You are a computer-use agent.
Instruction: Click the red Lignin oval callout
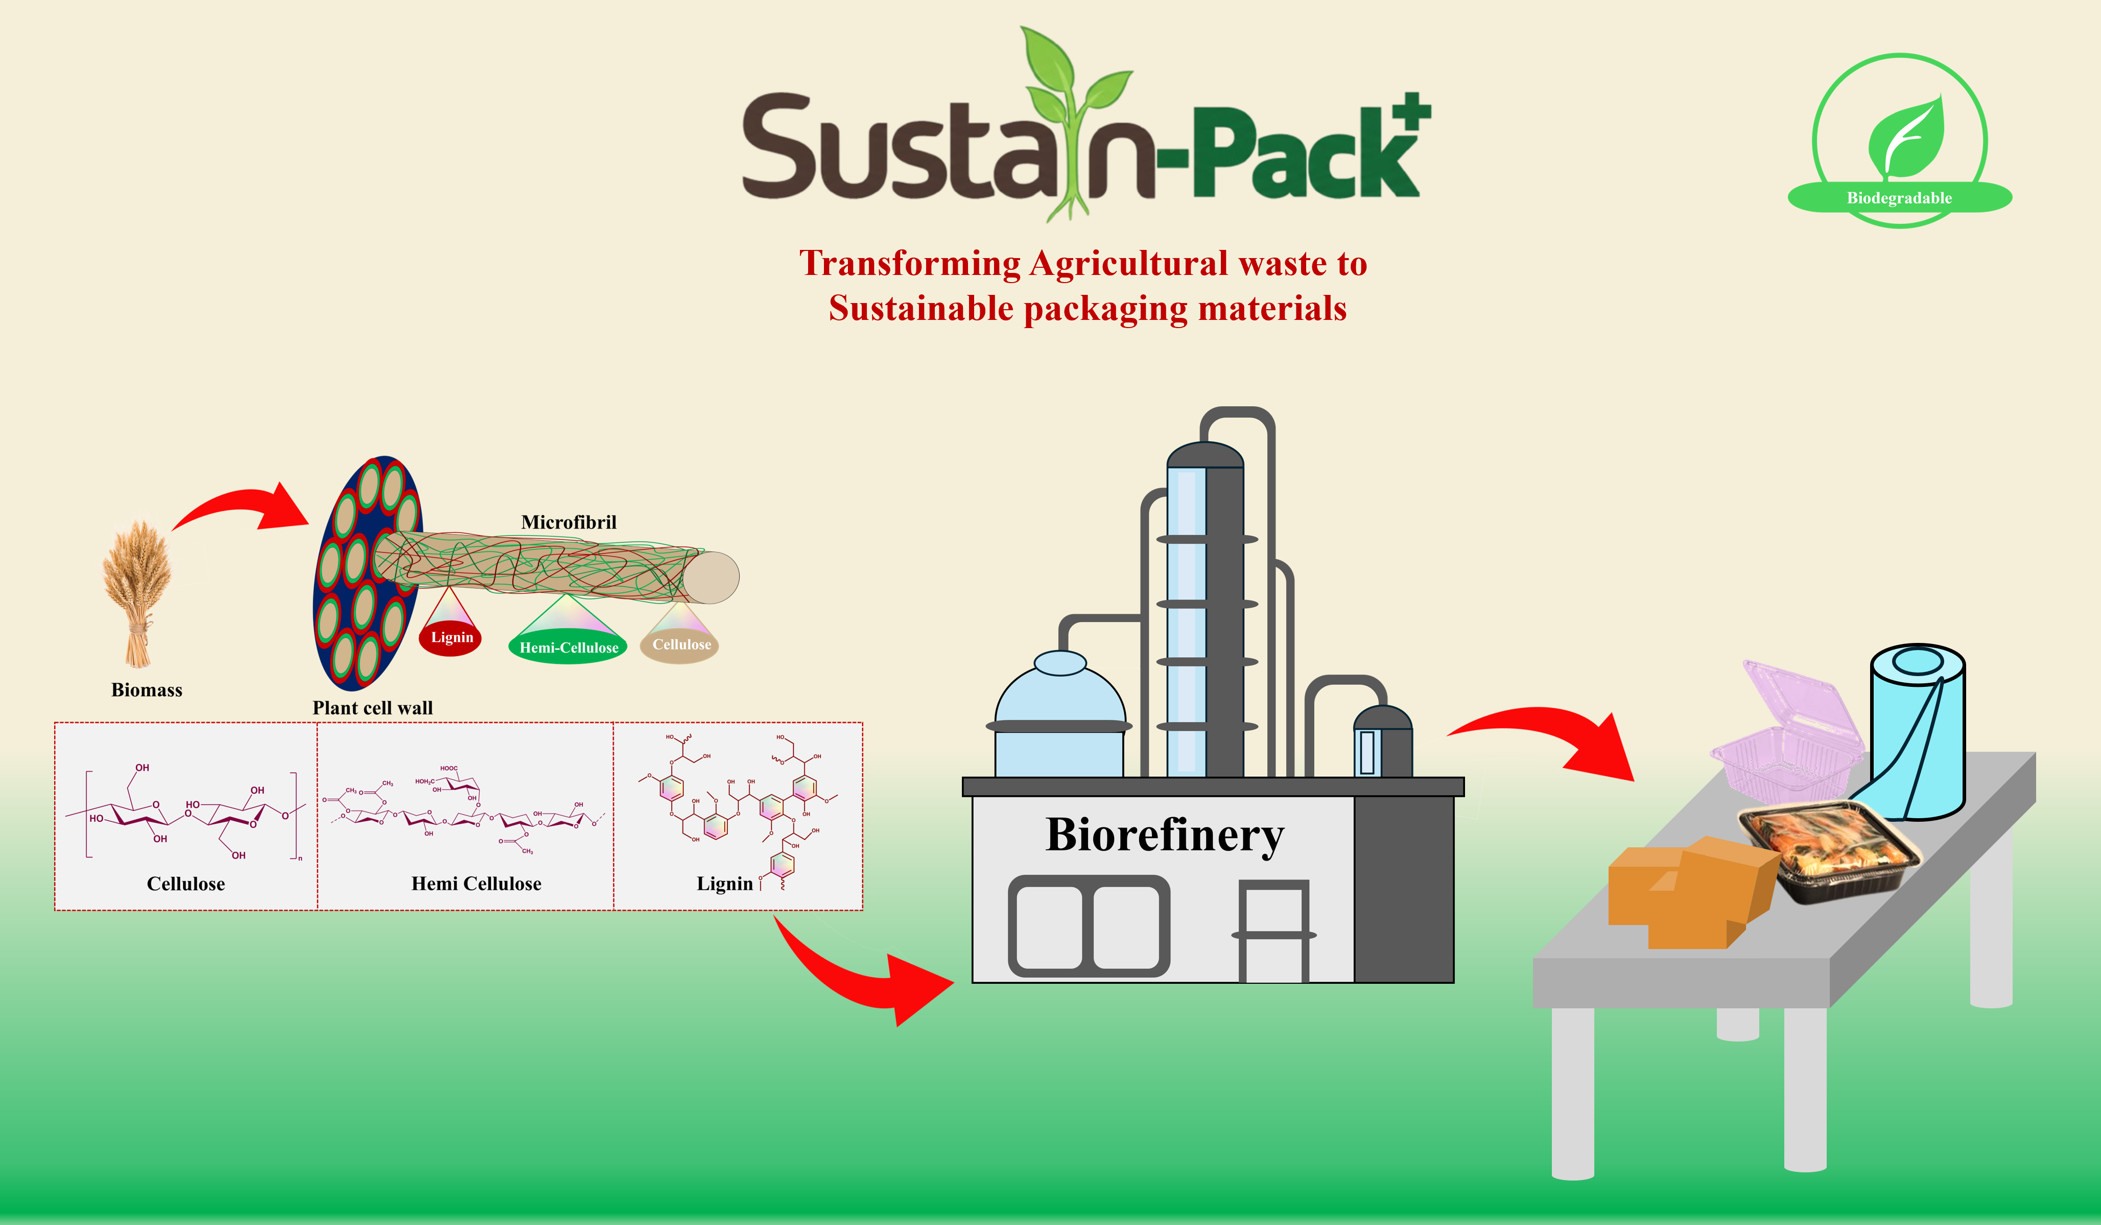(x=451, y=638)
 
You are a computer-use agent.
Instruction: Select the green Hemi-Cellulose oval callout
(x=569, y=647)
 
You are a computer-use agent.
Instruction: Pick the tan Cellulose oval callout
(x=680, y=644)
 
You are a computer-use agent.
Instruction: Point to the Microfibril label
(x=569, y=522)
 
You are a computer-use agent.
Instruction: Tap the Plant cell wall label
(x=373, y=708)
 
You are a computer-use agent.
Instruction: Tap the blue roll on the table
(x=1918, y=734)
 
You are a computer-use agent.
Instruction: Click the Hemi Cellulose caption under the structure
(x=476, y=884)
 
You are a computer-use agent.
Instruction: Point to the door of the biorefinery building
(x=1272, y=934)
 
